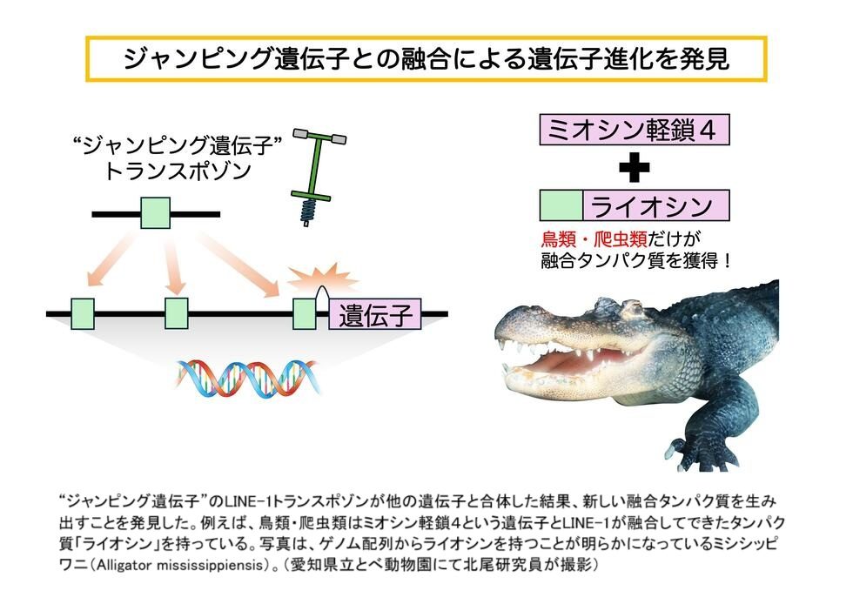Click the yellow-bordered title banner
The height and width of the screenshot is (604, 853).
(x=426, y=59)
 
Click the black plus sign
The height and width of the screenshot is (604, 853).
(x=635, y=167)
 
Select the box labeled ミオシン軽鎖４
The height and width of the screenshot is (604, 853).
(x=635, y=130)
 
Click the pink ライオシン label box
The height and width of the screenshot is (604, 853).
(x=656, y=205)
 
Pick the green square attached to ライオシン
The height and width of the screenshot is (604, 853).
(x=561, y=205)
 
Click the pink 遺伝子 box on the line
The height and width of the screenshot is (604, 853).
(x=375, y=314)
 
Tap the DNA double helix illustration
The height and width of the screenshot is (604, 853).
(x=247, y=377)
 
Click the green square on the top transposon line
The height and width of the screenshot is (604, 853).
(x=156, y=213)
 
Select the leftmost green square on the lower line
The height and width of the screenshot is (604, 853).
(x=82, y=314)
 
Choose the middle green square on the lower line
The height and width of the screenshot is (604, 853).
(x=177, y=313)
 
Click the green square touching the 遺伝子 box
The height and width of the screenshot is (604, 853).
(x=305, y=314)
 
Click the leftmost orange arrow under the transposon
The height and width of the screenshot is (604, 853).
(x=111, y=259)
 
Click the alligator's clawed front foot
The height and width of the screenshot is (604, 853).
(x=697, y=451)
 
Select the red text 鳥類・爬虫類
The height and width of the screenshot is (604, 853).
(x=594, y=238)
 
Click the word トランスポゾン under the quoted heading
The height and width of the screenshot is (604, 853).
(x=178, y=171)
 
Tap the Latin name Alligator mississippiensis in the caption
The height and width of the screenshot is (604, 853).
(x=180, y=566)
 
